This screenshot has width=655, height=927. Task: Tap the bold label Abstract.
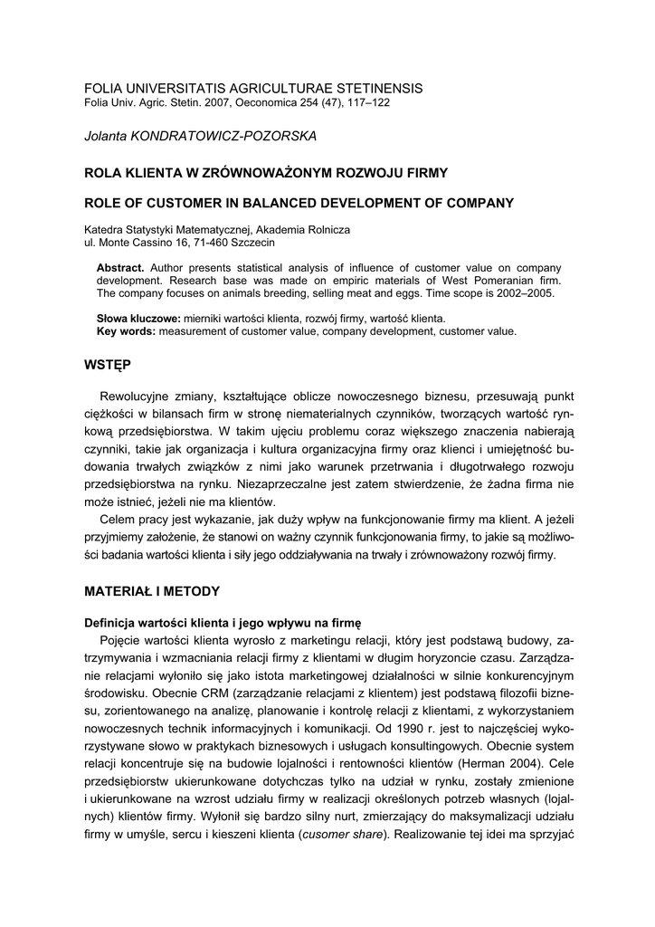120,268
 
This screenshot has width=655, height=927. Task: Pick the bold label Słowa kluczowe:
138,319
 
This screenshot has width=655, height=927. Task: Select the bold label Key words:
126,331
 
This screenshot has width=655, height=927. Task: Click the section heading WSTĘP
107,365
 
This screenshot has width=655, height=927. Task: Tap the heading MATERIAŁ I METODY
152,591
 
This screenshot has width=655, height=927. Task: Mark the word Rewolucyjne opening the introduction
142,396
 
